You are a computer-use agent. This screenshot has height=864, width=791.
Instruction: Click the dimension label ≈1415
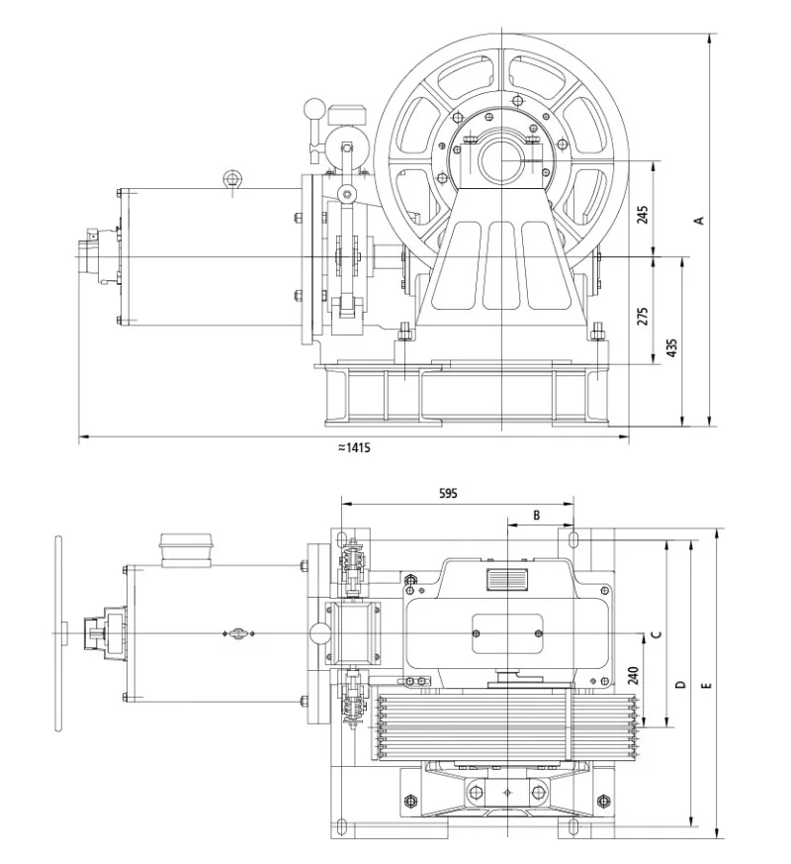tap(353, 447)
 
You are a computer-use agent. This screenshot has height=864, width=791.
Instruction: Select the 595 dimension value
tap(447, 492)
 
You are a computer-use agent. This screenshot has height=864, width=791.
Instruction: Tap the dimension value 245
tap(643, 215)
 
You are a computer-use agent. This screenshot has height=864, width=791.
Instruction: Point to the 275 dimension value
tap(643, 317)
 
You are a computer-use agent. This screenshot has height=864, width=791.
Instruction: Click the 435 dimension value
tap(672, 347)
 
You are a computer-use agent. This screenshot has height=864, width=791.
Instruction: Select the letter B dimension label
tap(537, 516)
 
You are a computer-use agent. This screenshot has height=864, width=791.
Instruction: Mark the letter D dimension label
tap(679, 685)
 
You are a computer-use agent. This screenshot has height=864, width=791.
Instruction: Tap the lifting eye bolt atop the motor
tap(231, 179)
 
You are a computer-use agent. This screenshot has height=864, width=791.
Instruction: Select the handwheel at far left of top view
tap(58, 632)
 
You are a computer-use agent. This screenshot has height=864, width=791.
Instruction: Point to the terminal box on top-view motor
tap(186, 549)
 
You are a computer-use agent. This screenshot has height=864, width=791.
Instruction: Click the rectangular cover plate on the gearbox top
tap(506, 632)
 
